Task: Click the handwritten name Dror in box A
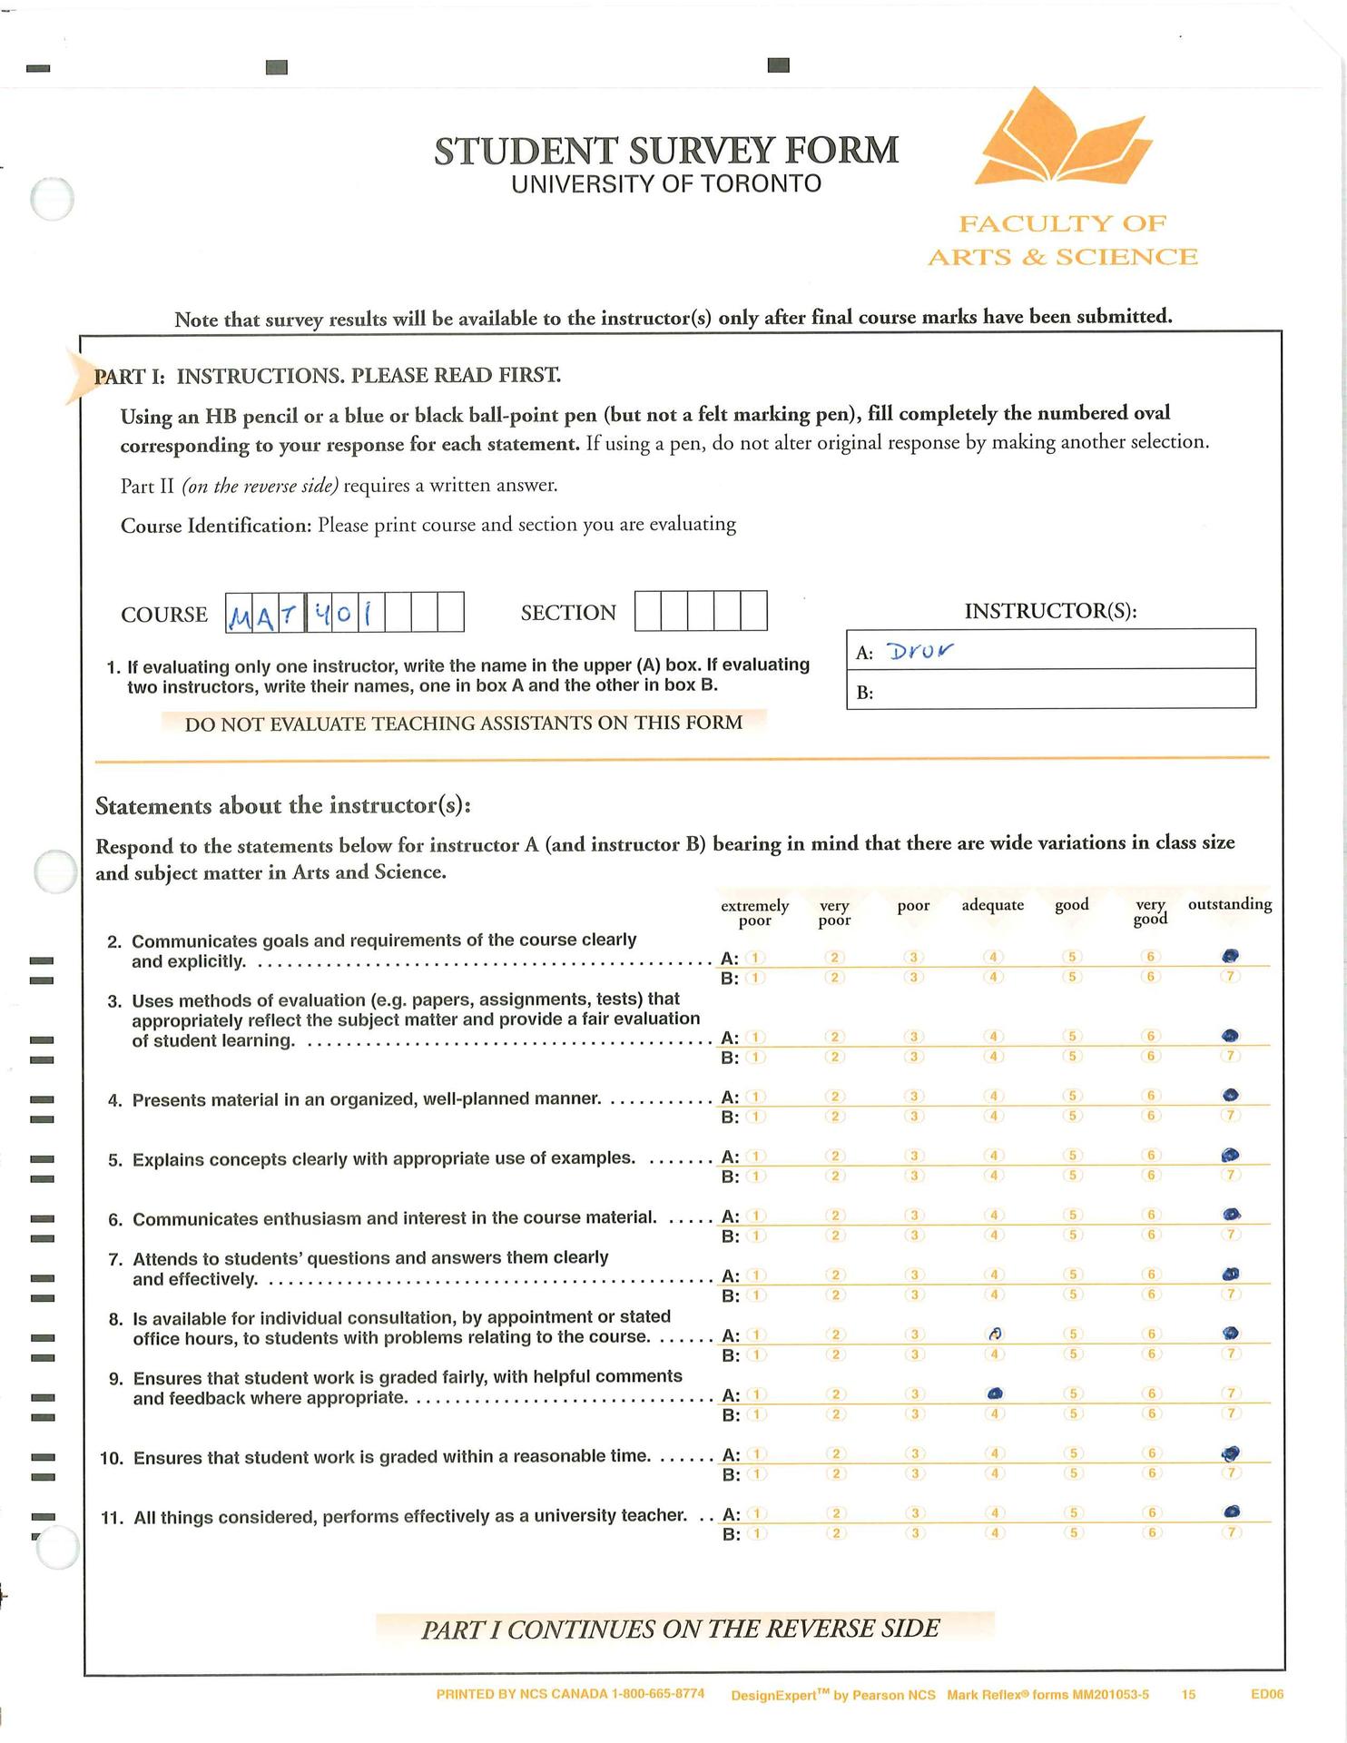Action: click(921, 651)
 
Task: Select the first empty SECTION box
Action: click(648, 611)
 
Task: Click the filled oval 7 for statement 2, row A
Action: click(1231, 955)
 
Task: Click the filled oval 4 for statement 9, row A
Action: click(995, 1393)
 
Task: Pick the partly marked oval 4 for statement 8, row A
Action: click(995, 1334)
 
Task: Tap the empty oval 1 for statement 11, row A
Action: click(757, 1513)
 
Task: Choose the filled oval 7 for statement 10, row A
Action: click(1231, 1453)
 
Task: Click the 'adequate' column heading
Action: click(992, 905)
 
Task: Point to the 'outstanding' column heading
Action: click(1229, 904)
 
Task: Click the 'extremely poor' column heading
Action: click(754, 913)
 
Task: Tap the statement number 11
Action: click(112, 1518)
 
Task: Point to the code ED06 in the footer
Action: click(1266, 1694)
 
